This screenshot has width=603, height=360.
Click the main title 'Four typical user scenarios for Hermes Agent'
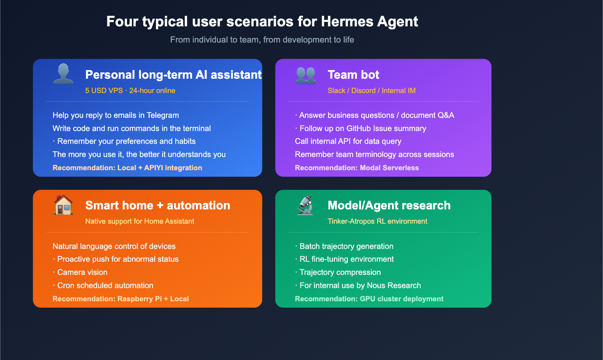[x=262, y=22]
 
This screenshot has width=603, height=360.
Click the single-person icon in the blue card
[x=63, y=74]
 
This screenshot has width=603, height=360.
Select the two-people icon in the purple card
[x=306, y=75]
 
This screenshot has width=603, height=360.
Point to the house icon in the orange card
[x=63, y=205]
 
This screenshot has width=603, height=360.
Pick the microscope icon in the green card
[x=306, y=205]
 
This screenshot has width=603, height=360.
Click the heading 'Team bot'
[x=353, y=75]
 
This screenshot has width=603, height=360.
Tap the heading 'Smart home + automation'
[x=158, y=206]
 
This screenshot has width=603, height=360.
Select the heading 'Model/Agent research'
[x=389, y=206]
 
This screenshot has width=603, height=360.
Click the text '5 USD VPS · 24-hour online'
[x=130, y=91]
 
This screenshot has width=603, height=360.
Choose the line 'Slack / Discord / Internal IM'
[x=371, y=91]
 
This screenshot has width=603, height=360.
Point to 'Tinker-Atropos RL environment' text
[x=377, y=221]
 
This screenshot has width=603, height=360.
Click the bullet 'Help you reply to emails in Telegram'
[x=116, y=115]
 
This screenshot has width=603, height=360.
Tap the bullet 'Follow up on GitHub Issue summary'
[x=363, y=128]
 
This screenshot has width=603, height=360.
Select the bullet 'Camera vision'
[x=82, y=272]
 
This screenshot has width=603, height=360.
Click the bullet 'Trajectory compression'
[x=340, y=272]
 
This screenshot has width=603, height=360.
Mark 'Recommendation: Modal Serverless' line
[x=357, y=168]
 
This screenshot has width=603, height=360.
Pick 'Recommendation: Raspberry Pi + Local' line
[x=121, y=299]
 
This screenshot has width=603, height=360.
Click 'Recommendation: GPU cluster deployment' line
[x=369, y=299]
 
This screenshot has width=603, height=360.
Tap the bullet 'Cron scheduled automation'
[x=105, y=285]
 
